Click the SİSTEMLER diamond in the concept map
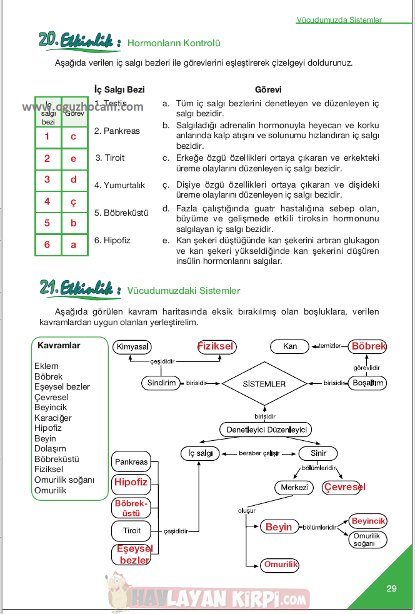coord(264,383)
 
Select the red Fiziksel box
coord(215,346)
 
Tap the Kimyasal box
coord(133,346)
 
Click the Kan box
coord(290,346)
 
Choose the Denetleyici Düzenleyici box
coord(266,430)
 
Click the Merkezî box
coord(292,487)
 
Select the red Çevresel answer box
coord(344,487)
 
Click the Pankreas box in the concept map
coord(131,462)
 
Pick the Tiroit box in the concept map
coord(132,530)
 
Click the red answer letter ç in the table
coord(74,201)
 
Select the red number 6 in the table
coord(47,244)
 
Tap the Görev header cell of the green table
coord(74,113)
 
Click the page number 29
coord(391,588)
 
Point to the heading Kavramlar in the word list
coord(59,345)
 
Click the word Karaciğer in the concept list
coord(53,418)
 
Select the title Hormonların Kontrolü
coord(174,43)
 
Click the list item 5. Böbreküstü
coord(121,213)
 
